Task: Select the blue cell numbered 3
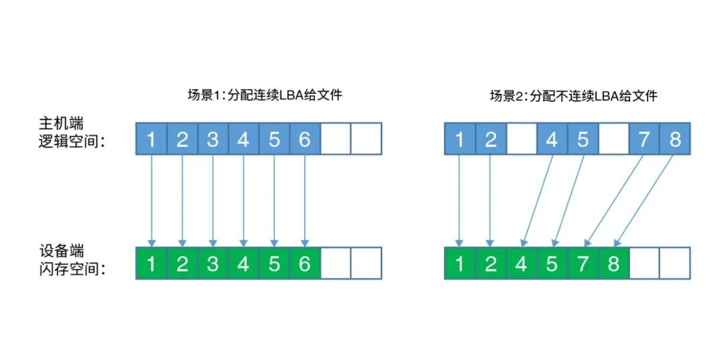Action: [213, 139]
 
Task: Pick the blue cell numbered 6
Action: [305, 139]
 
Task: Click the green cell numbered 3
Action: [213, 263]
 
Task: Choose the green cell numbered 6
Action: [305, 263]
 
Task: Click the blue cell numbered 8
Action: [675, 139]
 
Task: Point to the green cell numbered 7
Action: [583, 263]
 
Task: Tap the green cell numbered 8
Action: [613, 263]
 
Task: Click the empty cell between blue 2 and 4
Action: [522, 139]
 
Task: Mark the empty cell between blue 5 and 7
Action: [613, 139]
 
